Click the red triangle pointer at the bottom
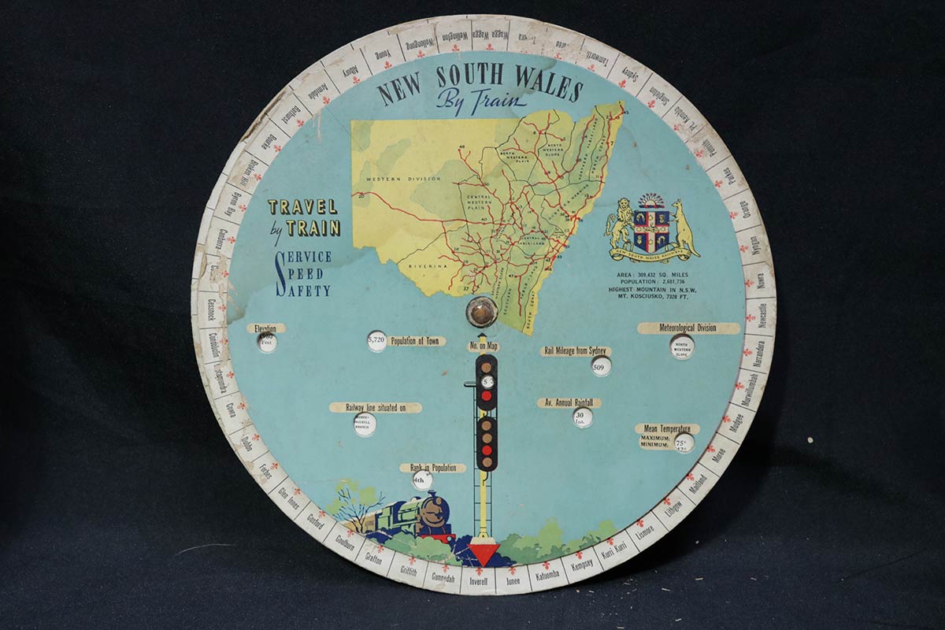[x=484, y=553]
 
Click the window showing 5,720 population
[x=377, y=341]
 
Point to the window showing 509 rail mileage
[x=601, y=365]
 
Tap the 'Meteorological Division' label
[x=687, y=328]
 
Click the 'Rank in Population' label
[x=432, y=468]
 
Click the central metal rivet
[x=480, y=310]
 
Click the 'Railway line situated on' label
[x=374, y=407]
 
